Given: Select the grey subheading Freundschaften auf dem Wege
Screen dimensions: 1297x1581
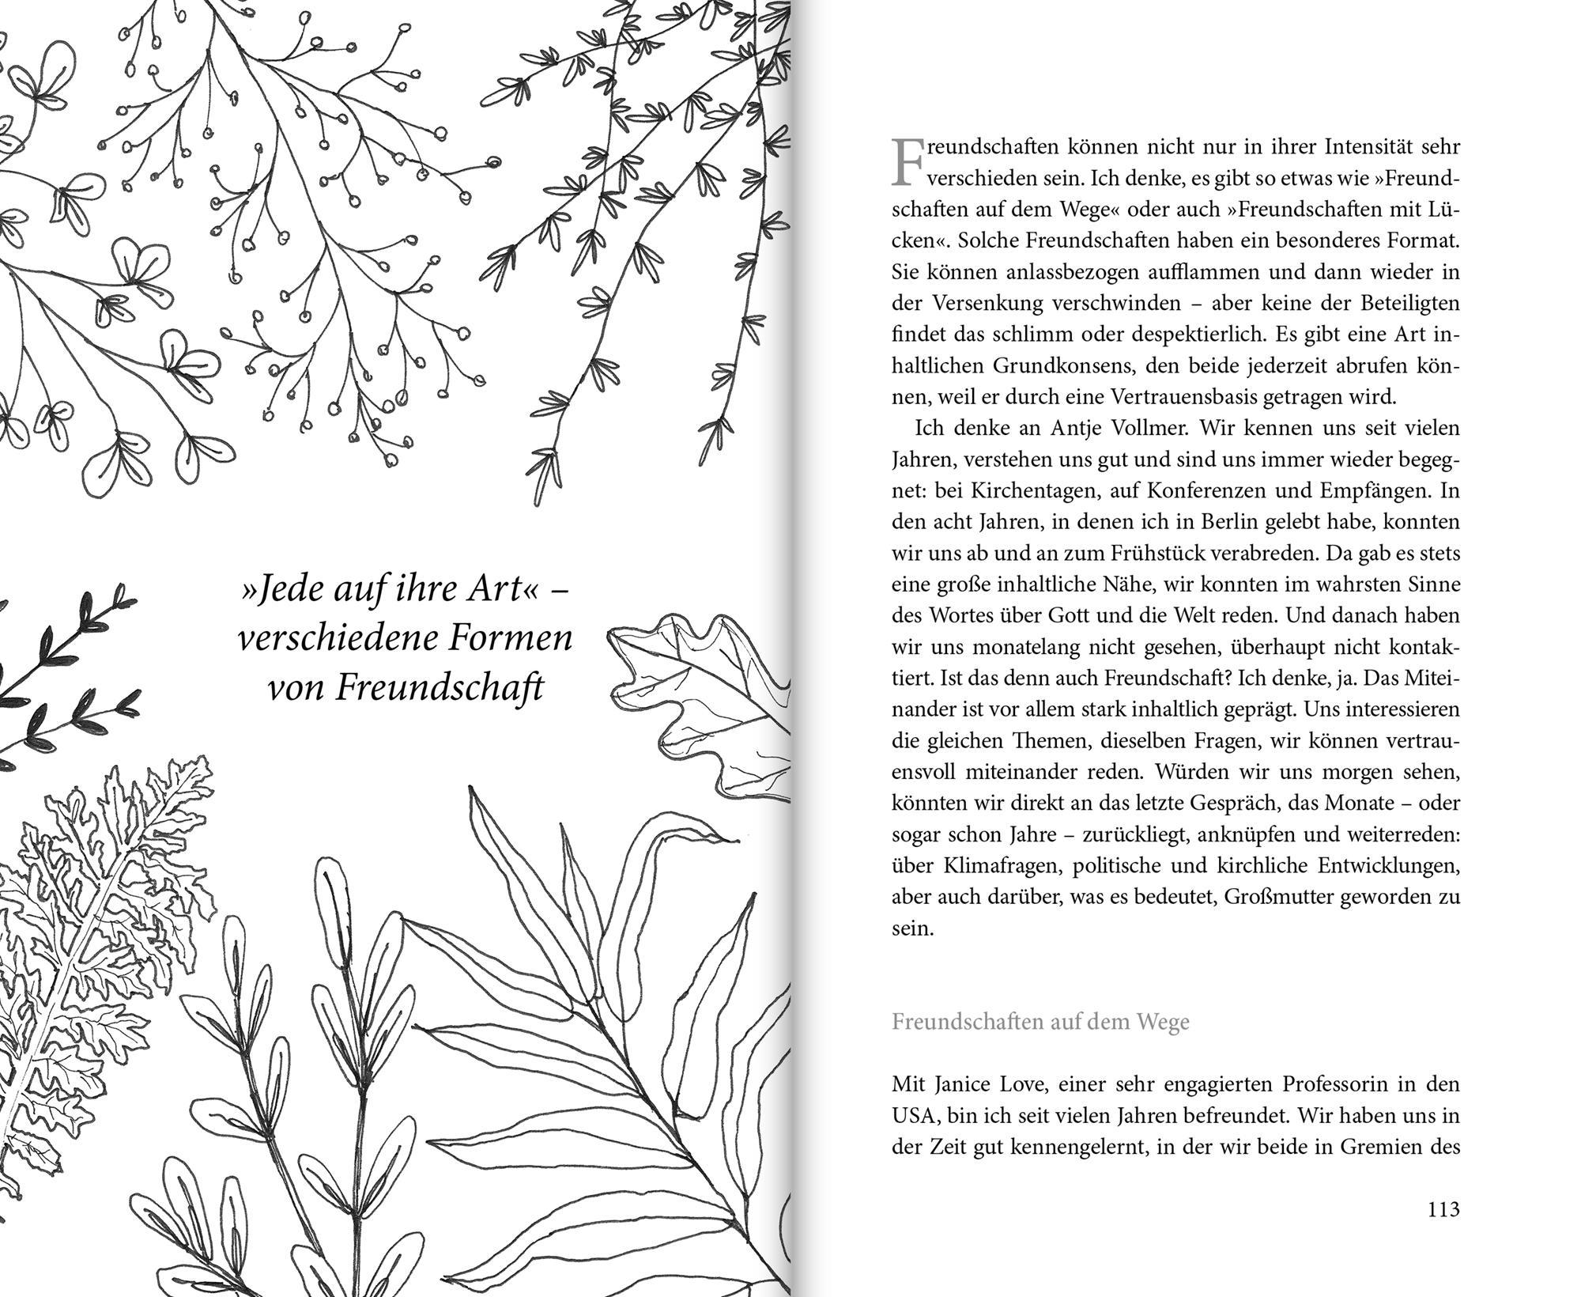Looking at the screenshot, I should (x=1040, y=1022).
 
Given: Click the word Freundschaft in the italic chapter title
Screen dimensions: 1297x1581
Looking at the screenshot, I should (x=440, y=686).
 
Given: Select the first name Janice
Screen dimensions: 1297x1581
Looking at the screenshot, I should (x=965, y=1083).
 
